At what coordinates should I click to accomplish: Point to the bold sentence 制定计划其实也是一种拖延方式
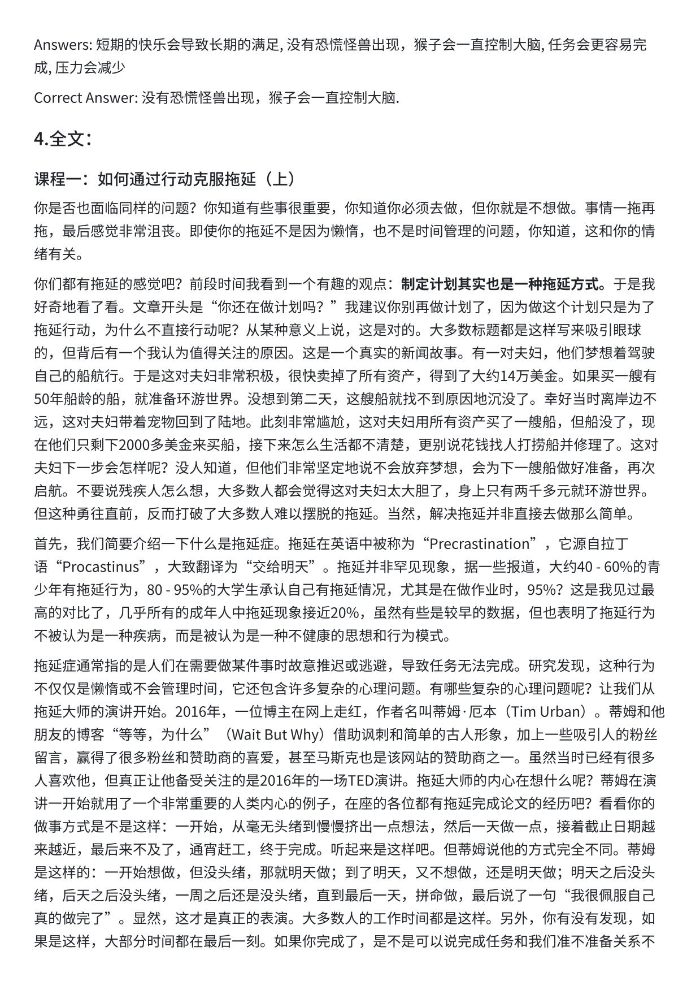click(x=503, y=284)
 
